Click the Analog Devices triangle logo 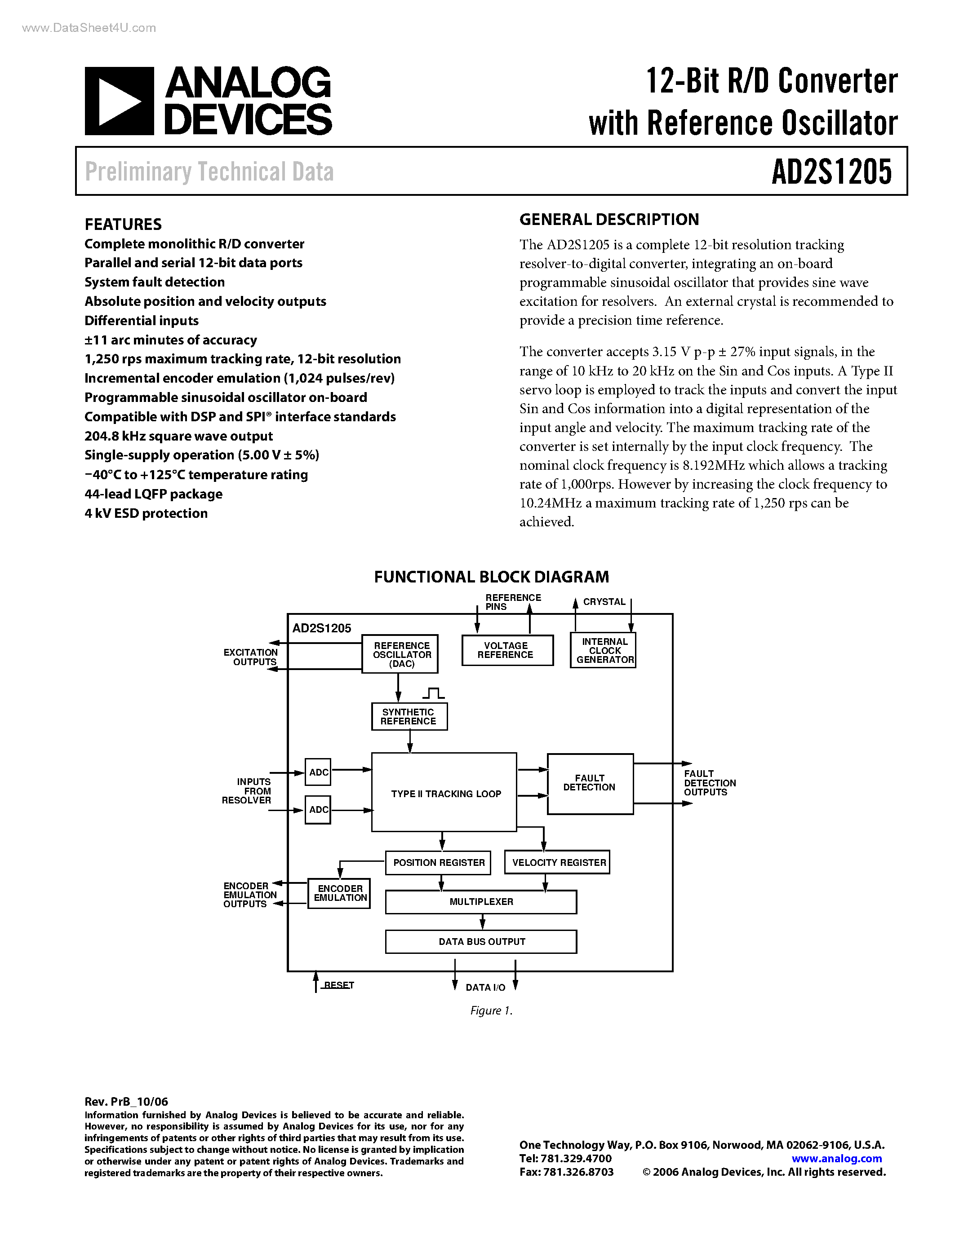[x=120, y=101]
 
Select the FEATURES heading [x=123, y=225]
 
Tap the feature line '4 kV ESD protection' [x=146, y=513]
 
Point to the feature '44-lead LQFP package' [x=153, y=494]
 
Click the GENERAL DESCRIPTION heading [x=609, y=220]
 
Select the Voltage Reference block [x=507, y=650]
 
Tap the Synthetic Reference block [x=409, y=716]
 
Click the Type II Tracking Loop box [x=444, y=793]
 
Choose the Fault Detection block [x=590, y=783]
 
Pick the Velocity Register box [x=557, y=862]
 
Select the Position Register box [x=439, y=862]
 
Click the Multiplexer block [x=481, y=902]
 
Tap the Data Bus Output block [x=481, y=941]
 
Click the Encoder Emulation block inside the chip [x=339, y=893]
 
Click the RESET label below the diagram [x=338, y=985]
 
